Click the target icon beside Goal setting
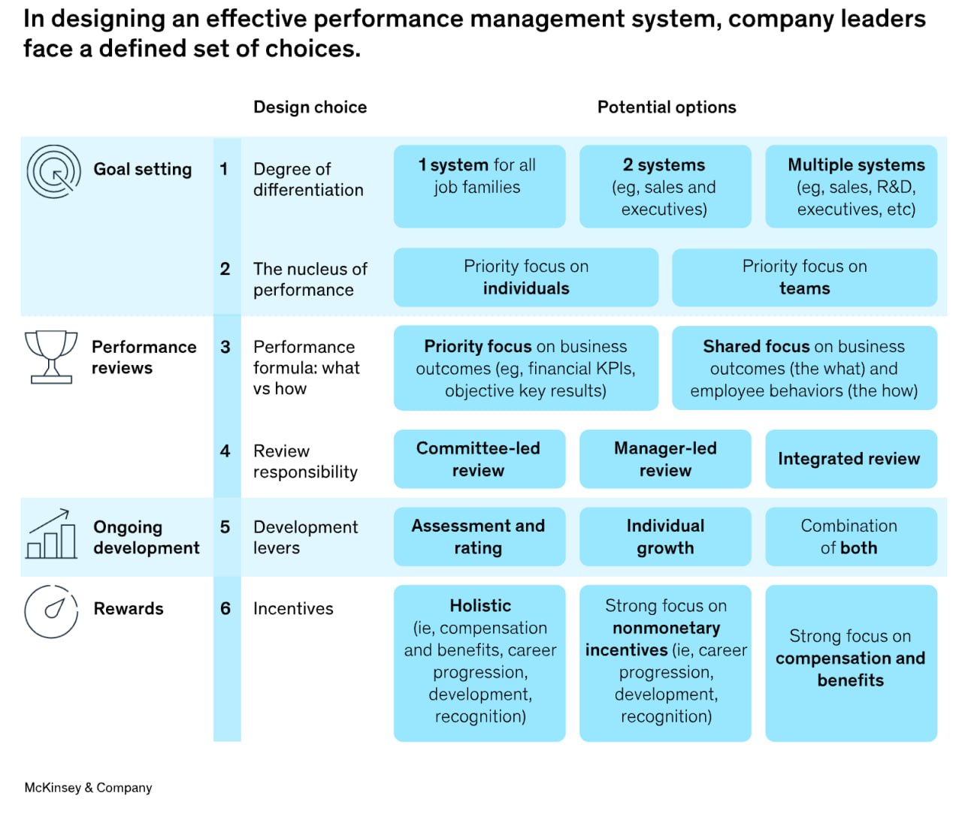click(53, 171)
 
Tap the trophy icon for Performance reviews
click(51, 357)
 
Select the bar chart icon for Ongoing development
click(51, 533)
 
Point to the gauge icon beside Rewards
click(51, 611)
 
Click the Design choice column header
click(310, 107)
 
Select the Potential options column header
click(667, 107)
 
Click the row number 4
click(225, 451)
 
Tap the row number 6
click(225, 608)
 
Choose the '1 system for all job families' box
click(479, 186)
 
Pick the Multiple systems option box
click(852, 186)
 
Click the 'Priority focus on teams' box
click(805, 277)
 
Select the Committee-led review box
click(479, 459)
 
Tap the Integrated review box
click(852, 459)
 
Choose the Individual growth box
click(665, 536)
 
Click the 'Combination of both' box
click(852, 536)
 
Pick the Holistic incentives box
click(479, 663)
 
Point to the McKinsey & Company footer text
click(89, 788)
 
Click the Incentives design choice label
click(293, 608)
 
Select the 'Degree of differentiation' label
click(308, 179)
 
